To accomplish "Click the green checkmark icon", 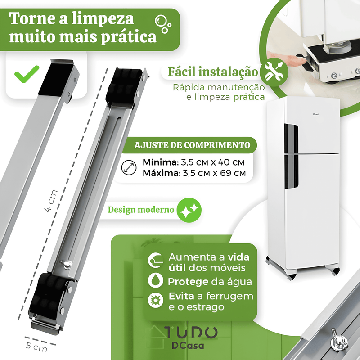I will (x=27, y=75).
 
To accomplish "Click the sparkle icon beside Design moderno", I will (x=189, y=210).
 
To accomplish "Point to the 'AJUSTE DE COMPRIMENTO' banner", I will (x=192, y=145).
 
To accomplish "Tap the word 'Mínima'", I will (x=158, y=162).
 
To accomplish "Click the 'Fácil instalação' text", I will (x=213, y=72).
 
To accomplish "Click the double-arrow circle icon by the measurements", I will (x=129, y=168).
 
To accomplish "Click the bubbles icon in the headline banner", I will (x=162, y=23).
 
